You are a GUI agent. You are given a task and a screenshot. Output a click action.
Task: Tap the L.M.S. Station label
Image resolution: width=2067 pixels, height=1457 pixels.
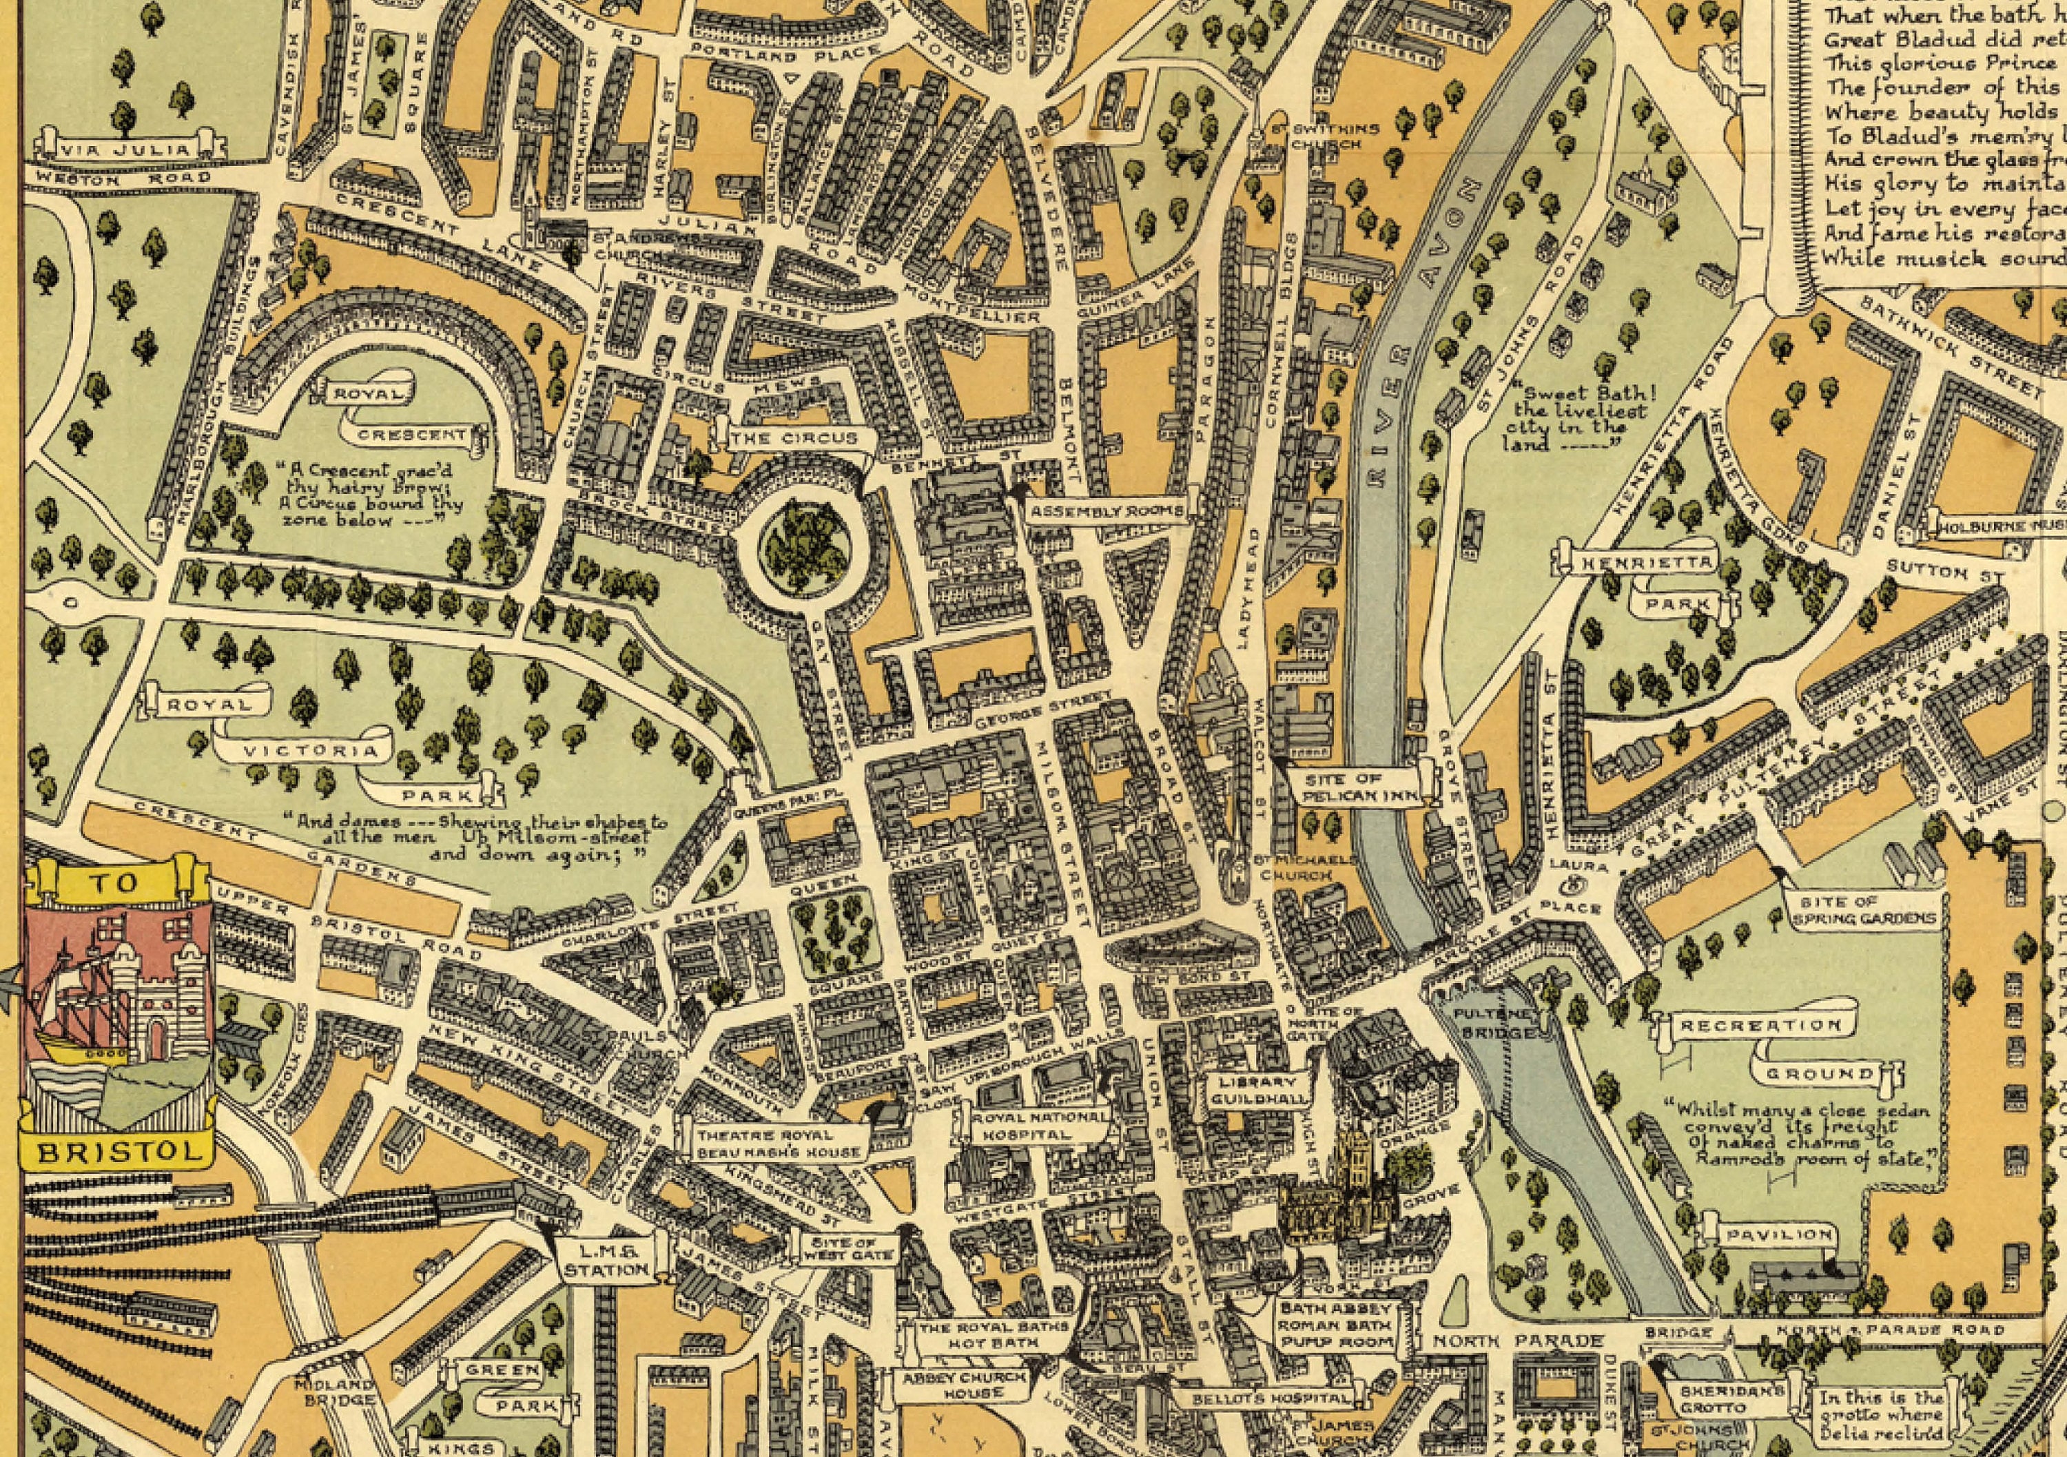click(x=606, y=1259)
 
